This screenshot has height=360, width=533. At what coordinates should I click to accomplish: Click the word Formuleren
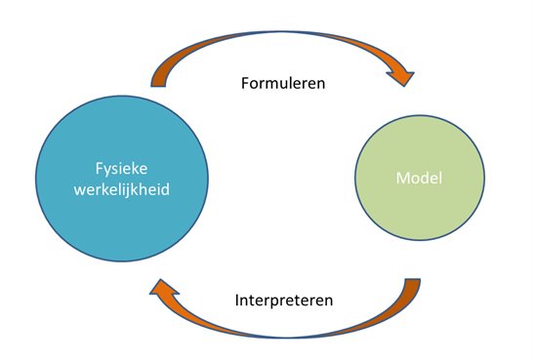282,83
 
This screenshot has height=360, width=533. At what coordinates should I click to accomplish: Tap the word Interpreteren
284,300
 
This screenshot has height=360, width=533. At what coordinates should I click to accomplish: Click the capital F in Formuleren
245,83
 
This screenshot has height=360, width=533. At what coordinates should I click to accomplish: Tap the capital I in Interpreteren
238,300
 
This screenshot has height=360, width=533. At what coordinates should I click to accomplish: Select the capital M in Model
401,179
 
